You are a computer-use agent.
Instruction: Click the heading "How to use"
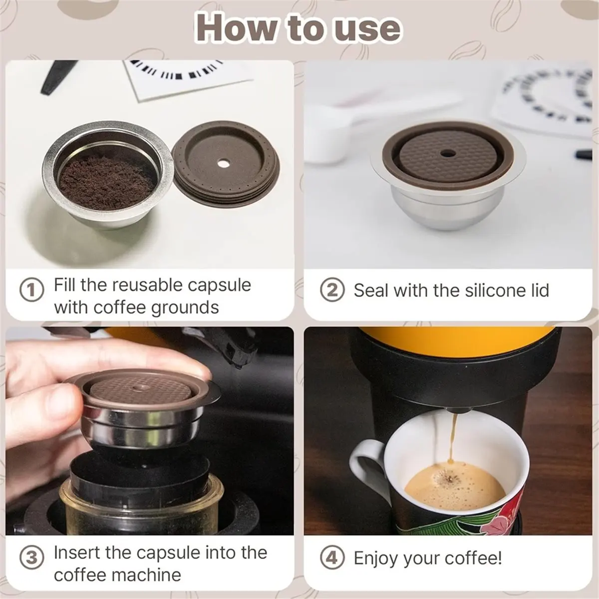coord(299,28)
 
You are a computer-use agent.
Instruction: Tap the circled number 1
coord(31,291)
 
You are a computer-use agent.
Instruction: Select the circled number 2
coord(332,291)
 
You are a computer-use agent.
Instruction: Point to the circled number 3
coord(31,558)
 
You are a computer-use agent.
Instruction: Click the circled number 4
coord(332,558)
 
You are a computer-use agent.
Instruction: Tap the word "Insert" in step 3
coord(77,553)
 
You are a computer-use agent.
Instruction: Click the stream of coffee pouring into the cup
coord(454,439)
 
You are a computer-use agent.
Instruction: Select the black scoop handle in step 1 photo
coord(55,77)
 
